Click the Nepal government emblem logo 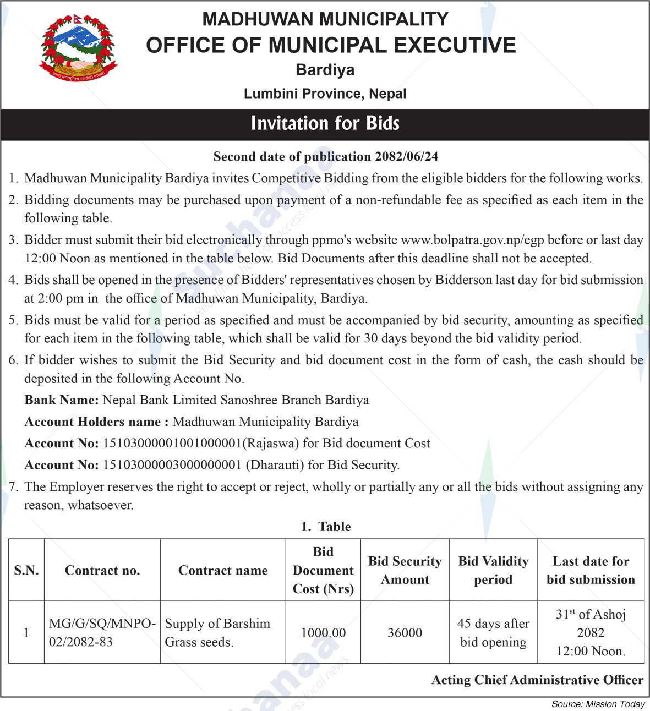click(79, 48)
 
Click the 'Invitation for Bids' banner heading click(325, 123)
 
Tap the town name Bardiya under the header click(325, 70)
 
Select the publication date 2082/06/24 click(407, 157)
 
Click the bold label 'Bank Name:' click(62, 400)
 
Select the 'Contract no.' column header click(102, 571)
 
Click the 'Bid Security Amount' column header click(405, 571)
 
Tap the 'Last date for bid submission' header click(591, 571)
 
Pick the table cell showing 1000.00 click(323, 633)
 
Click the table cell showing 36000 click(405, 633)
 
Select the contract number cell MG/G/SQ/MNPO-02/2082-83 click(102, 632)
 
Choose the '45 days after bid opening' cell click(493, 632)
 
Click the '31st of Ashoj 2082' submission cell click(591, 632)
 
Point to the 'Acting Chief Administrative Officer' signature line click(537, 680)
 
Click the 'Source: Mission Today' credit click(598, 704)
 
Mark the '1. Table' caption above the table click(326, 527)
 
